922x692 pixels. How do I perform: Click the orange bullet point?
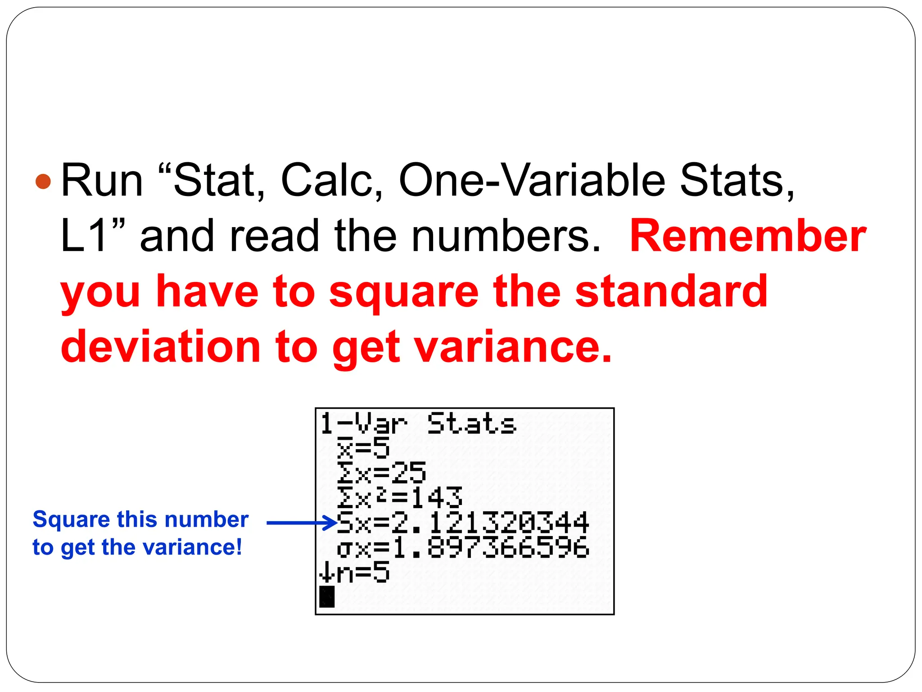coord(43,182)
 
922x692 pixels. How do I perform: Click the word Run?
coord(102,180)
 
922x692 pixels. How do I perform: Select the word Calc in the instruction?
coord(331,180)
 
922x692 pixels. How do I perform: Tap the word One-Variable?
coord(532,180)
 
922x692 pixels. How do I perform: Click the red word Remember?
coord(747,236)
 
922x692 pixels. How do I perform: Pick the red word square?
coord(403,291)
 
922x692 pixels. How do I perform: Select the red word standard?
coord(671,291)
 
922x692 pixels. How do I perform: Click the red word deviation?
coord(160,347)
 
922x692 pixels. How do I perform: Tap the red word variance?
coord(513,347)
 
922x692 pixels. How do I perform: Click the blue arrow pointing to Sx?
coord(302,523)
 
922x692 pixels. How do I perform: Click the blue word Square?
coord(71,519)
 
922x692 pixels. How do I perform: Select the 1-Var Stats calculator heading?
coord(417,424)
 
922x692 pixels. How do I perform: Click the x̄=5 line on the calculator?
coord(363,448)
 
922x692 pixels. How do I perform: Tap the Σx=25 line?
coord(381,473)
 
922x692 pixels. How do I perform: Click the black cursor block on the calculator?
coord(327,596)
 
